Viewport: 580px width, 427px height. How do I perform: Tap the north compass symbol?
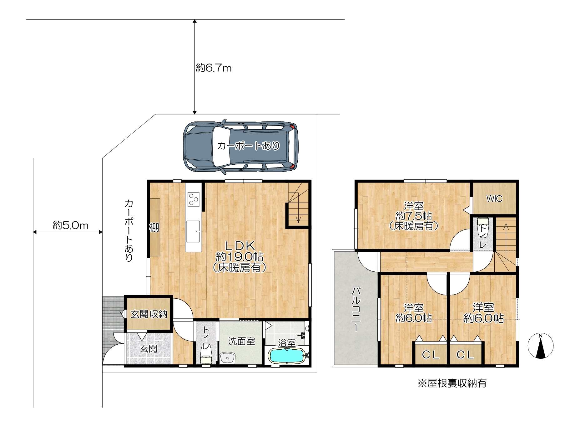click(x=540, y=346)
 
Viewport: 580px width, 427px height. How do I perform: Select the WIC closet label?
click(x=494, y=198)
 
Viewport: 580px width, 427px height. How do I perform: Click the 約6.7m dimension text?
click(x=214, y=68)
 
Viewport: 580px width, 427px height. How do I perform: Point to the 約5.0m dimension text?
click(x=70, y=225)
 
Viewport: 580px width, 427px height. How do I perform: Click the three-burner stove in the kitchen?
click(x=194, y=199)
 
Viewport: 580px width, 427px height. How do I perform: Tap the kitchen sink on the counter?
click(x=193, y=231)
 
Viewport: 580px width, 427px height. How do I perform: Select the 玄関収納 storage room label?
click(x=149, y=314)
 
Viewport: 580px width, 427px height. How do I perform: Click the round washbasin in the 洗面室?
click(x=227, y=358)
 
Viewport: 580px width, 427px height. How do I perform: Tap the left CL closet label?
click(x=431, y=354)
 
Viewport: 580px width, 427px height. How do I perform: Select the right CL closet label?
click(x=465, y=354)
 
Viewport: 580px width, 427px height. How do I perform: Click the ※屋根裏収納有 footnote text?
click(x=452, y=383)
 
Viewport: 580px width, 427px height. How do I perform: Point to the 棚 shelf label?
click(x=154, y=227)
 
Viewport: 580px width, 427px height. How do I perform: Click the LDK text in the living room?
click(x=240, y=246)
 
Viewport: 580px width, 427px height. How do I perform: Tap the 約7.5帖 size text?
click(x=414, y=216)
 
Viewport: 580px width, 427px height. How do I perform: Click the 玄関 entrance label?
click(x=149, y=348)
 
